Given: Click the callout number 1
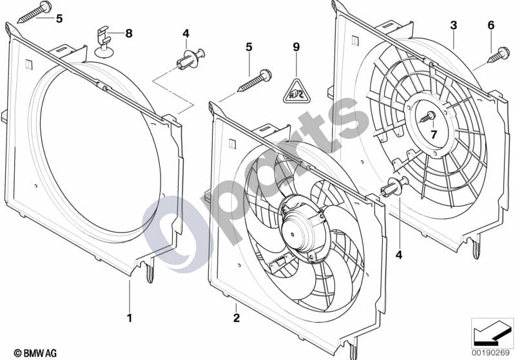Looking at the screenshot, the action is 130,317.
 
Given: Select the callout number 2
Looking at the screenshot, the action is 237,317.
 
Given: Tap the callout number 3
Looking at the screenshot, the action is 454,25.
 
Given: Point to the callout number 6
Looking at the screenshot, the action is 491,25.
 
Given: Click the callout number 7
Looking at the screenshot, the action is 434,134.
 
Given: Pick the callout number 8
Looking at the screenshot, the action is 129,33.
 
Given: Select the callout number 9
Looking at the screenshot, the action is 296,47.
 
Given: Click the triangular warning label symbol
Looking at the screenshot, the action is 296,90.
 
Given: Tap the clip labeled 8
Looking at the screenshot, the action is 104,42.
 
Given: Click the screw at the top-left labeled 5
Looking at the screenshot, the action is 32,12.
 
